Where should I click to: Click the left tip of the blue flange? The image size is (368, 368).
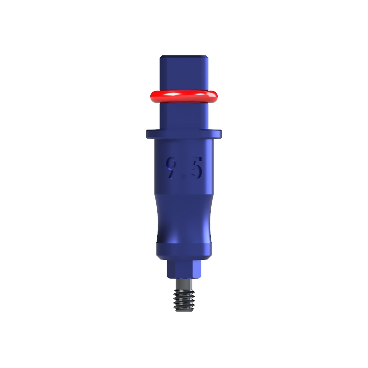click(148, 134)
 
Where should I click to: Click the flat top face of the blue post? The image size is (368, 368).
click(184, 56)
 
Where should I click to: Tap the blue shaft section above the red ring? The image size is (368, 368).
click(184, 74)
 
